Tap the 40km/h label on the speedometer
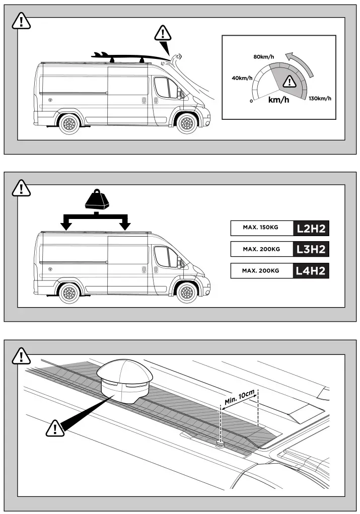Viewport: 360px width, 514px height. coord(242,78)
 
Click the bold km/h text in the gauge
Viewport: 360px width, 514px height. coord(278,100)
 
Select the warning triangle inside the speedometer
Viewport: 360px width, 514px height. coord(289,81)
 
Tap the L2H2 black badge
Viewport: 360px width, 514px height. coord(312,228)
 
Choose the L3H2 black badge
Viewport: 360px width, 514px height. coord(312,249)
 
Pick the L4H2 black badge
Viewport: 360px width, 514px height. coord(312,271)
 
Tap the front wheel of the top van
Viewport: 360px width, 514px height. coord(186,123)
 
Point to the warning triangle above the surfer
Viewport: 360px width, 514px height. coord(163,34)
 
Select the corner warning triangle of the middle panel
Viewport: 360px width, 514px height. coord(21,188)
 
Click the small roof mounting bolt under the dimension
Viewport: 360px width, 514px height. coord(220,444)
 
